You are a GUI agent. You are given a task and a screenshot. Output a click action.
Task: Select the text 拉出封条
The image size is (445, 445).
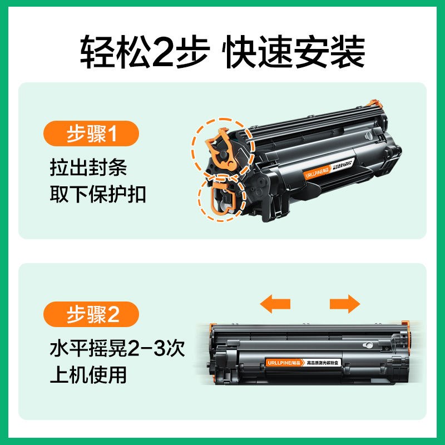88,167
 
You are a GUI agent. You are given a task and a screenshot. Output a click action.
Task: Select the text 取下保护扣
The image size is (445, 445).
97,195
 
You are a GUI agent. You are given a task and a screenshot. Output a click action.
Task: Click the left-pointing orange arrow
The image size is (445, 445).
276,304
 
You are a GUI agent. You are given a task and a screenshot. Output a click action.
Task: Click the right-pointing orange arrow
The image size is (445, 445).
345,304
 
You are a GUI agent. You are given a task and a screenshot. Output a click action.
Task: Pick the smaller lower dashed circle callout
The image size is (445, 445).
222,198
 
